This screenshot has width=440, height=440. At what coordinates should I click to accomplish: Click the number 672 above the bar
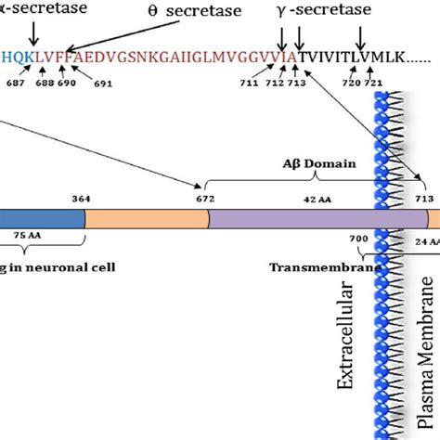[205, 199]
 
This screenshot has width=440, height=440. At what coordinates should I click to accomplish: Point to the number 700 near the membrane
[359, 239]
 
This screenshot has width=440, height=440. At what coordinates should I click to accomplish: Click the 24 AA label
[425, 240]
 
